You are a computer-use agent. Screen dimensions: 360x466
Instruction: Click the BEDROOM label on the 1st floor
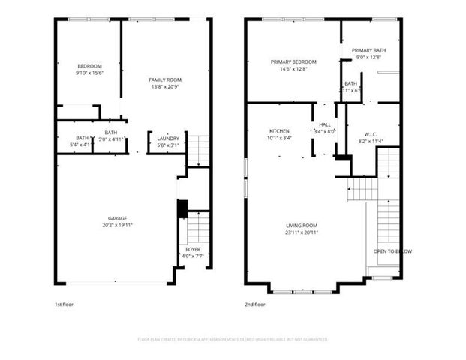(x=89, y=66)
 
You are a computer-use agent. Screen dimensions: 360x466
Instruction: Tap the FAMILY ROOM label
(x=164, y=79)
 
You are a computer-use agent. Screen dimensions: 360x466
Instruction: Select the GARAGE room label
(x=116, y=218)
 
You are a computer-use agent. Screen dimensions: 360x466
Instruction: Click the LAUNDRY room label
(x=167, y=139)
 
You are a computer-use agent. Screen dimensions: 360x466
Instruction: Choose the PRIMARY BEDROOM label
(x=293, y=61)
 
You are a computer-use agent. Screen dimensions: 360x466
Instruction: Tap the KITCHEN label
(x=279, y=130)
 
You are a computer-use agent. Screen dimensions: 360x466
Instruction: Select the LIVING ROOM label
(x=302, y=226)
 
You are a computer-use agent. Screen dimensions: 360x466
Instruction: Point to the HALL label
(x=324, y=124)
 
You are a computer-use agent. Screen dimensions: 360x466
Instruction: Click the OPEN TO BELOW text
(x=392, y=251)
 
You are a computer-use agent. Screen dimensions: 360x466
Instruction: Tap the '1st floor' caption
(x=65, y=304)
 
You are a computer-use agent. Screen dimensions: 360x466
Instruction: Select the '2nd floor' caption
(x=255, y=304)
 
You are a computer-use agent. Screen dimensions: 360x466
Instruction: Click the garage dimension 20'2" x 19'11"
(x=117, y=225)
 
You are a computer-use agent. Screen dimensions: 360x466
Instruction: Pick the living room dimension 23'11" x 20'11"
(x=302, y=232)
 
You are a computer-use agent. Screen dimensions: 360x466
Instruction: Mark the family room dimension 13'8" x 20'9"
(x=164, y=86)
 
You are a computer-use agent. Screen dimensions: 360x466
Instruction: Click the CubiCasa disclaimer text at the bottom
(x=233, y=339)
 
